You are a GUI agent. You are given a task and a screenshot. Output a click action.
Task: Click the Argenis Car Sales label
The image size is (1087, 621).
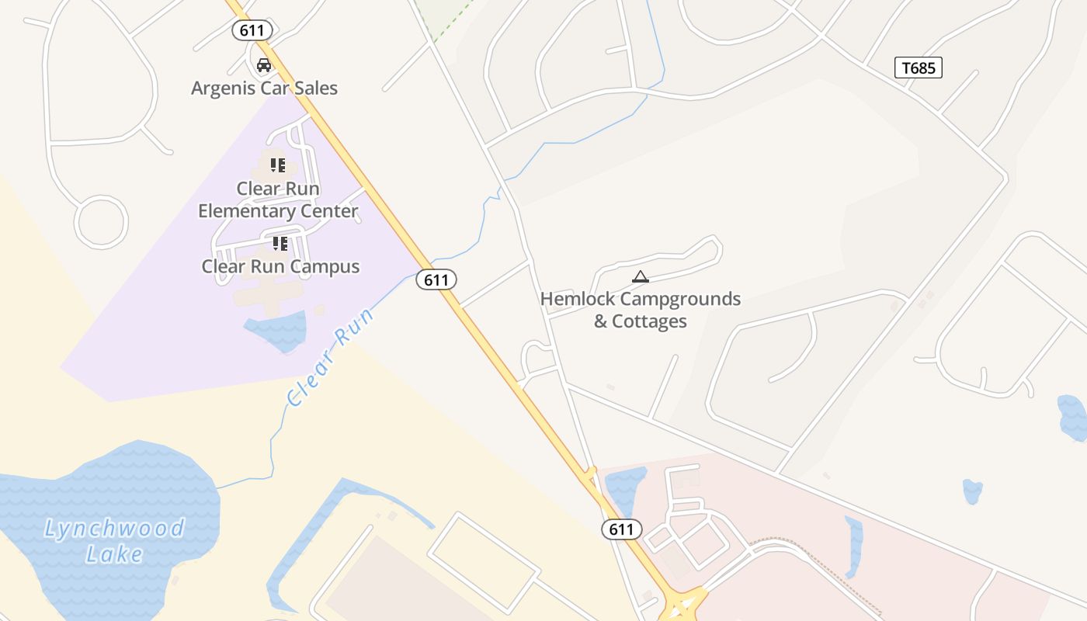264,88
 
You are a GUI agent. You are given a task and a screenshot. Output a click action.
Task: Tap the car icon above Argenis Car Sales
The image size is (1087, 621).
264,64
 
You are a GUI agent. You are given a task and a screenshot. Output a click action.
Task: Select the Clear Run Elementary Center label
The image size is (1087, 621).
278,199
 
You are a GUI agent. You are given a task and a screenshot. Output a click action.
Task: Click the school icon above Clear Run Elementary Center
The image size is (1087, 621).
278,165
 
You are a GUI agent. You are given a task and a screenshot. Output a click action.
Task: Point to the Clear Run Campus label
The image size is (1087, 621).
280,266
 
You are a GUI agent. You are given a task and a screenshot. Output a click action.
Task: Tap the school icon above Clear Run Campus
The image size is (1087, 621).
280,244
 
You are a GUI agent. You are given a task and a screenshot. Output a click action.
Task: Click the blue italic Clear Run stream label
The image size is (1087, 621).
330,357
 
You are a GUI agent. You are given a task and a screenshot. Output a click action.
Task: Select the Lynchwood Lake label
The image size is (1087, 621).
113,541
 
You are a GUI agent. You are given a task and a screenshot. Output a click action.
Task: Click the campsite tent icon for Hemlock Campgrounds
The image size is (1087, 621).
640,276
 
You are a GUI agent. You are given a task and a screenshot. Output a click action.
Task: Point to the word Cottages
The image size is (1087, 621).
650,321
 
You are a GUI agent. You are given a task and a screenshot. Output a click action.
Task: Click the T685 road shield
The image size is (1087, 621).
918,68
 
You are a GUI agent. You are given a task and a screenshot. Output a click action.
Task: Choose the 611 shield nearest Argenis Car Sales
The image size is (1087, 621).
252,31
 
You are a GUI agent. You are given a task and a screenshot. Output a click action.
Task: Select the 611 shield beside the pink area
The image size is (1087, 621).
621,529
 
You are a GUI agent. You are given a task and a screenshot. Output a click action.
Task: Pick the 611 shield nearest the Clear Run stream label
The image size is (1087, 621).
436,279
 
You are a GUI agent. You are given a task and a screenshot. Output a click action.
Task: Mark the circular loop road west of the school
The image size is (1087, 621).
101,222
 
